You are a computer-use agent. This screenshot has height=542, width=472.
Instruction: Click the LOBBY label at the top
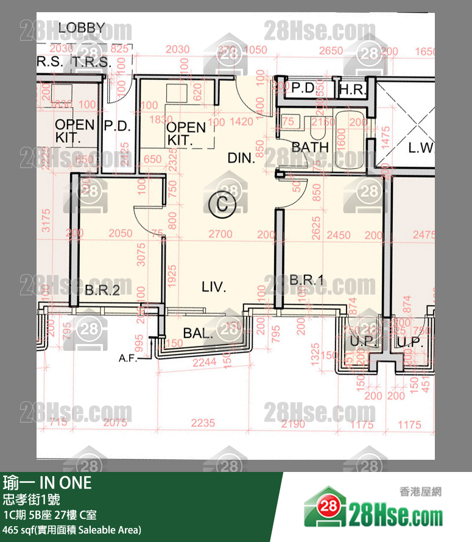coord(82,28)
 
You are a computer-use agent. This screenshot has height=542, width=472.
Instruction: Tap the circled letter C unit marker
coord(220,205)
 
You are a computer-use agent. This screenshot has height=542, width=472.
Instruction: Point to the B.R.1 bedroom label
coord(306,280)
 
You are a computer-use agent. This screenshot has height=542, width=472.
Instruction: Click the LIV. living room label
coord(213,286)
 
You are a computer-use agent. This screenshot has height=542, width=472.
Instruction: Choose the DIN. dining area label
coord(241,158)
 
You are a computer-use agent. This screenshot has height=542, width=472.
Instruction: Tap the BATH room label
coord(310,147)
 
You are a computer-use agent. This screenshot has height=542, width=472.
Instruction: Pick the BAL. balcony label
coord(198,333)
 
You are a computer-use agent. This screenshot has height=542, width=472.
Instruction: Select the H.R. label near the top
coord(351,90)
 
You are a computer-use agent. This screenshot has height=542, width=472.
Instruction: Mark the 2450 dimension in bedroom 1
coord(340,234)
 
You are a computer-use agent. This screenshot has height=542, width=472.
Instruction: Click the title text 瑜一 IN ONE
coord(48,483)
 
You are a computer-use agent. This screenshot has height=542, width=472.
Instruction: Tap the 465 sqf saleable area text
coord(72,530)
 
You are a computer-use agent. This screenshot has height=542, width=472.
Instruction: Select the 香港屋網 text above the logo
coord(419,491)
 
